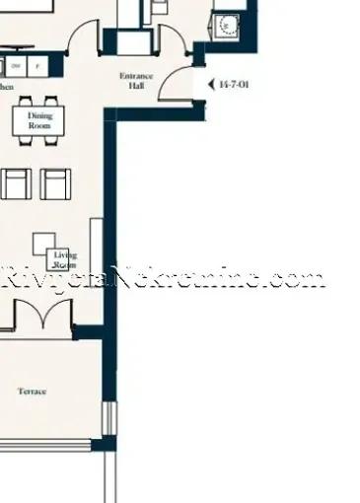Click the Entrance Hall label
click(x=136, y=81)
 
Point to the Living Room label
click(x=65, y=259)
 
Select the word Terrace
click(x=32, y=392)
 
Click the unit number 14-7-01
click(x=236, y=85)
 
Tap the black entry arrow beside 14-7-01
click(x=210, y=85)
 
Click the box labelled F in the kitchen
click(x=36, y=66)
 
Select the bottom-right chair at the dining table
click(x=51, y=140)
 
